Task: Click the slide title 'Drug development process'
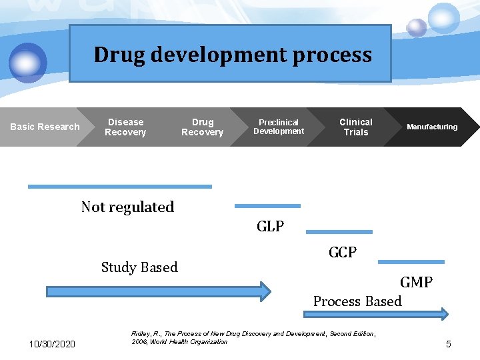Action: tap(232, 55)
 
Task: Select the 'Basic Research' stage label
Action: tap(45, 127)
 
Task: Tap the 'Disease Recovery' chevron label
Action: tap(125, 127)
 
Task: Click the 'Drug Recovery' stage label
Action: tap(203, 127)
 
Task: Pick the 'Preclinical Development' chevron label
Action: tap(279, 127)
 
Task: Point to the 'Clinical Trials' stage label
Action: tap(356, 127)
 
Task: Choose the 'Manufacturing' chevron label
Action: tap(432, 127)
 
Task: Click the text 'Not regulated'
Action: tap(127, 207)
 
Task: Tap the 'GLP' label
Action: tap(270, 227)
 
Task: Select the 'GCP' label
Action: tap(342, 252)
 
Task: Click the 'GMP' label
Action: tap(416, 282)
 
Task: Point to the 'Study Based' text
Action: tap(139, 267)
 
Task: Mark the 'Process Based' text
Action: tap(357, 301)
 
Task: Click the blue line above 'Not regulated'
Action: tap(120, 187)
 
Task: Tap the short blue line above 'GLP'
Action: tap(267, 206)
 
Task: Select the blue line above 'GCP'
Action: tap(339, 232)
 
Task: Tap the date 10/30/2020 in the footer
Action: tap(53, 344)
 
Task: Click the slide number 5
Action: tap(449, 344)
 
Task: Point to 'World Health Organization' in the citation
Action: tap(189, 342)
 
